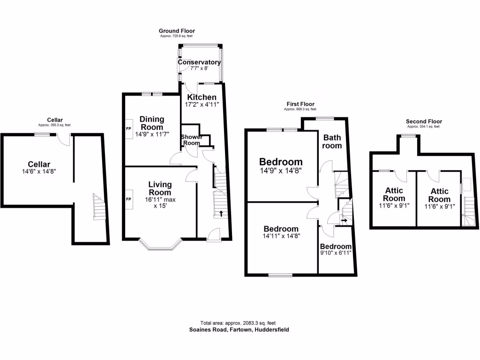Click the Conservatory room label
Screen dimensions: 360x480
tap(199, 62)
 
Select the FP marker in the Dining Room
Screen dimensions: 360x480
tap(128, 128)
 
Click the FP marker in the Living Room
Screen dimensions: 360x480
tap(128, 199)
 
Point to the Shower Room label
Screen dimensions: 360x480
tap(192, 140)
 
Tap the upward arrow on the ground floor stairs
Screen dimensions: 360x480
tap(221, 214)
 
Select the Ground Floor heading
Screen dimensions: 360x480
tap(177, 31)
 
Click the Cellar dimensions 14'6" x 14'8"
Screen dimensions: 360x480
tap(39, 172)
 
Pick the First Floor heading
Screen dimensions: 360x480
tap(300, 104)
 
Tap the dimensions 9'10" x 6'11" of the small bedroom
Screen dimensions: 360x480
tap(336, 253)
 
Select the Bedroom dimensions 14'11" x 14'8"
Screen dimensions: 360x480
tap(282, 236)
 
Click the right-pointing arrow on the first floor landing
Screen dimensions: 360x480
tap(345, 219)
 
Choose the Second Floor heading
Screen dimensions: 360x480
tap(424, 121)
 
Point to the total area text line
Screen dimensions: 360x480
tap(238, 323)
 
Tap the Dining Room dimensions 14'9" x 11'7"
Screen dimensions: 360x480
tap(151, 135)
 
